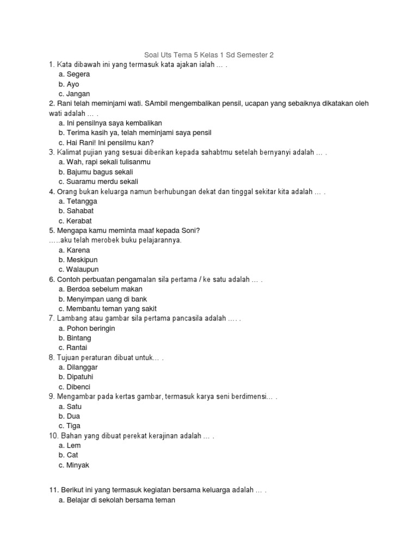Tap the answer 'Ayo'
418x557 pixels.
tap(72, 84)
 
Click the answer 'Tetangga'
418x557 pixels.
tap(81, 201)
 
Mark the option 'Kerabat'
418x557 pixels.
tap(79, 221)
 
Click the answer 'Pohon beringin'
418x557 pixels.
tap(90, 329)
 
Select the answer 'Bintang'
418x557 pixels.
tap(78, 338)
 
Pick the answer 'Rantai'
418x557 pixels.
tap(77, 348)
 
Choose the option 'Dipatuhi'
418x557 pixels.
tap(81, 377)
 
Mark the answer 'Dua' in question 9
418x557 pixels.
tap(73, 416)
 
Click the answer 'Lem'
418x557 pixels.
tap(73, 445)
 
